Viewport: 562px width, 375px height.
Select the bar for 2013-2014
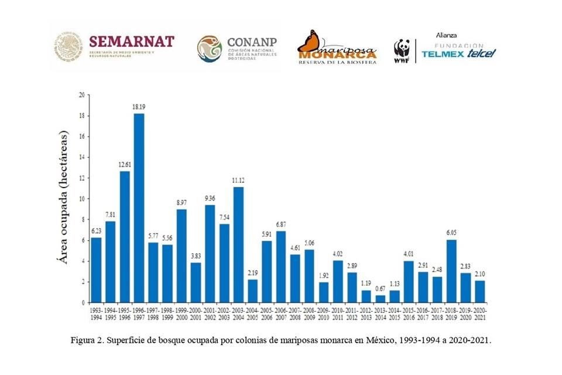point(381,299)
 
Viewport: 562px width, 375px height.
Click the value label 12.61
point(125,165)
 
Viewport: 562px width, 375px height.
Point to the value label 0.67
point(381,289)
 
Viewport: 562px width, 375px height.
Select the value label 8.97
point(181,203)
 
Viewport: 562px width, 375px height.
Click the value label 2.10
point(479,274)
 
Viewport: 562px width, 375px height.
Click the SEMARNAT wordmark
point(131,42)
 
